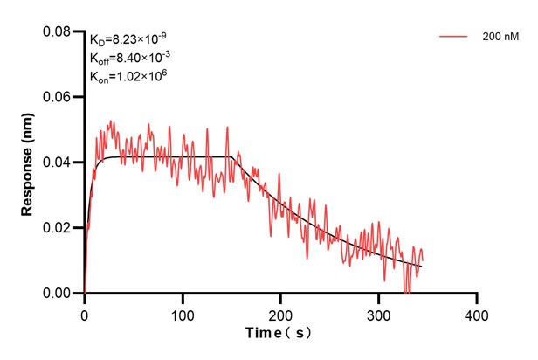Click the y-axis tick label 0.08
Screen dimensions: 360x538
tap(59, 31)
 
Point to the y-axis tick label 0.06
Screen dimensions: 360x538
tap(59, 97)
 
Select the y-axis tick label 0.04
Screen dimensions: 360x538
tap(59, 163)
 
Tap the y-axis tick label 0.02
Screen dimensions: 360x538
tap(59, 228)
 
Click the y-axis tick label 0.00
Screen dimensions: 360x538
tap(59, 294)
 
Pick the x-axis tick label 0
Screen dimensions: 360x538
tap(85, 312)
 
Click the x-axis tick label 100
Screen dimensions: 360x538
tap(183, 312)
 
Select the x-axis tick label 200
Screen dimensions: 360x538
tap(280, 312)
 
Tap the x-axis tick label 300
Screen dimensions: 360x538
tap(378, 312)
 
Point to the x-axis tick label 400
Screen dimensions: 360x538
tap(476, 312)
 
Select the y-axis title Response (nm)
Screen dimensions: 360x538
tap(27, 163)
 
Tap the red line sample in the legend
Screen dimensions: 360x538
tap(454, 38)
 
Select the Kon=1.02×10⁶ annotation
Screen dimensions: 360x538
tap(128, 77)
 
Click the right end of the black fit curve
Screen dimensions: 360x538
tap(421, 266)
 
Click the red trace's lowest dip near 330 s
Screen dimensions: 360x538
tap(407, 293)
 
